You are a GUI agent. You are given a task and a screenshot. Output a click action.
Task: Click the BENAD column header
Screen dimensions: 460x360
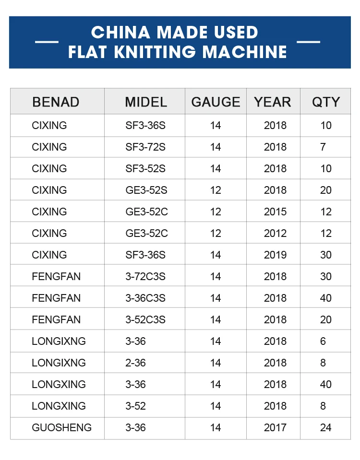(x=56, y=102)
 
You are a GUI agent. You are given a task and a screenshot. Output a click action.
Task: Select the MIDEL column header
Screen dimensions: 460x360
(x=146, y=102)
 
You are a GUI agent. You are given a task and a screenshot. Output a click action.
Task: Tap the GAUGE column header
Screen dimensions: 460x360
(x=216, y=102)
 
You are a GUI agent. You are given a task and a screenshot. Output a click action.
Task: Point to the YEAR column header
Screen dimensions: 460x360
(x=273, y=102)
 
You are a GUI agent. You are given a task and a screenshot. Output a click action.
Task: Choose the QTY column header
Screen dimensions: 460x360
(x=326, y=102)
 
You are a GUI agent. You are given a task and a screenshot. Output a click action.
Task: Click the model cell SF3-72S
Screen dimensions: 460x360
(x=145, y=147)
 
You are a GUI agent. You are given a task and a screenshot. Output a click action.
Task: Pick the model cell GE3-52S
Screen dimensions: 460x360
(x=146, y=190)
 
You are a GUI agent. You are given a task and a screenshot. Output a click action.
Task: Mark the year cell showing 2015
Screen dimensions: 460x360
(x=275, y=212)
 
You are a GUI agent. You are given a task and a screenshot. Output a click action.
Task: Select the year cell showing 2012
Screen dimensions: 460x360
(x=275, y=234)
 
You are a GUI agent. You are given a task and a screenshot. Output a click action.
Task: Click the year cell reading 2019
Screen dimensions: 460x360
(x=275, y=255)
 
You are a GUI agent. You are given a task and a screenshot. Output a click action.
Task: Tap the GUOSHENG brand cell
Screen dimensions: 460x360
(x=61, y=428)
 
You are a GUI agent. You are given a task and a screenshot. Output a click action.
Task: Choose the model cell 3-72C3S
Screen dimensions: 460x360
(x=145, y=277)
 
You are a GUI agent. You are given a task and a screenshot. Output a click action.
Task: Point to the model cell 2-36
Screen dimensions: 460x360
(x=135, y=363)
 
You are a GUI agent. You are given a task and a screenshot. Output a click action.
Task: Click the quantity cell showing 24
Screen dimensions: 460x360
(x=326, y=428)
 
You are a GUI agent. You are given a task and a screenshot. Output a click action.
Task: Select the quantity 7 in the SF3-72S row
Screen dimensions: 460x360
(x=323, y=147)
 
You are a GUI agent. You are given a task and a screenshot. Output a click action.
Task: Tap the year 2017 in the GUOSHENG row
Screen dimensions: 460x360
(x=275, y=428)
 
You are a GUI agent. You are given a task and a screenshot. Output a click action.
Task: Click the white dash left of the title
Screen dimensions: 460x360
(x=47, y=42)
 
